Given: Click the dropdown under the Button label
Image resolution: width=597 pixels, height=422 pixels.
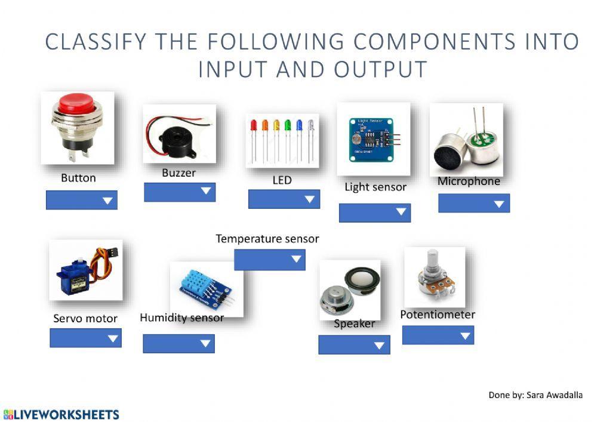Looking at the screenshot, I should coord(82,200).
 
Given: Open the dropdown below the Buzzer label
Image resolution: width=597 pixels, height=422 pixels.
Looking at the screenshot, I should coord(180,192).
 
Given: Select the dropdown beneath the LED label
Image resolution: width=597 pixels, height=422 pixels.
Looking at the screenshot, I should coord(284,199).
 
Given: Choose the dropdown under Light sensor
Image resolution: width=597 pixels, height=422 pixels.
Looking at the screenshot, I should coord(375,212).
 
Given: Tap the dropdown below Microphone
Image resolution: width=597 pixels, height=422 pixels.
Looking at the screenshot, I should coord(474,203).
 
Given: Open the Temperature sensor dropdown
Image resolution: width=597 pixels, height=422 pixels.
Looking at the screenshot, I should coord(270,260).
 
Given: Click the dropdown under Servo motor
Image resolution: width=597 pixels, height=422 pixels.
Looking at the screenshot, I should coord(85,338).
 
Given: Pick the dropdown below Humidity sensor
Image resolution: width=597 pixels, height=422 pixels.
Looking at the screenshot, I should coord(179,343).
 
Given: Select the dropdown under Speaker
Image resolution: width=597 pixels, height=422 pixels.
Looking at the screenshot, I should coord(354,344).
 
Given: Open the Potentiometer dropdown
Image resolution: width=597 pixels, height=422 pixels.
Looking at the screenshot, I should coord(438,335).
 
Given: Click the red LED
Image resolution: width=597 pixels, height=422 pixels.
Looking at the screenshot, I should coord(254,126).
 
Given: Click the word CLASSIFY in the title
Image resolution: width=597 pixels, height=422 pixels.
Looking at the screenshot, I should coord(96,42).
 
